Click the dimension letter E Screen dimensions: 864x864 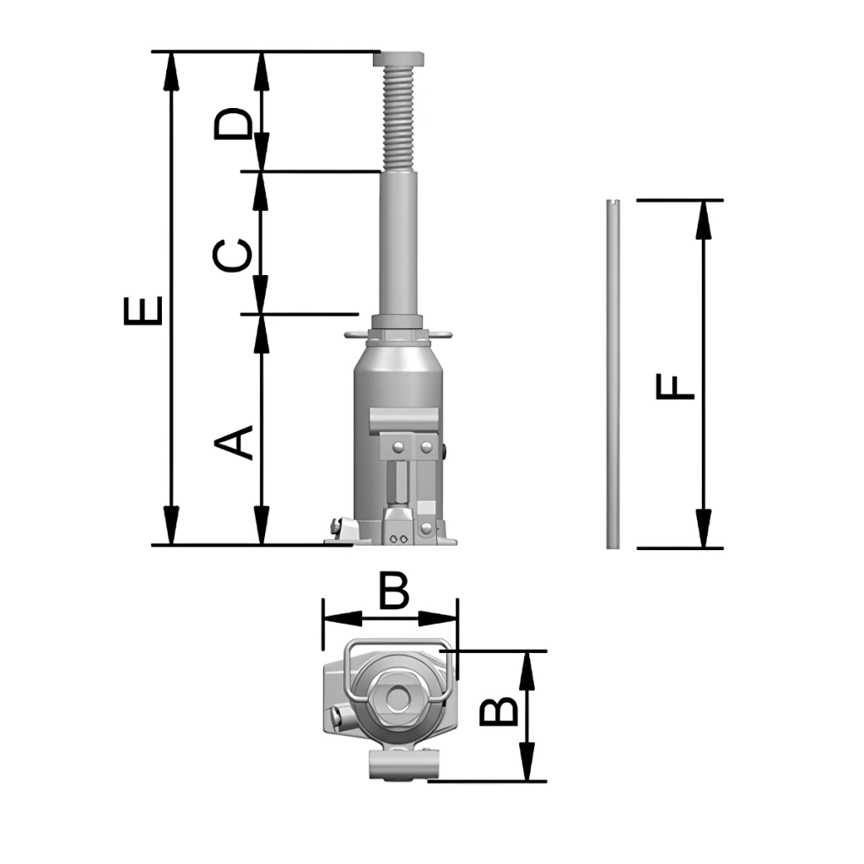click(143, 310)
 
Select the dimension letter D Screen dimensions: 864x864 click(233, 122)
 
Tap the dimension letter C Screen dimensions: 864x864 click(233, 255)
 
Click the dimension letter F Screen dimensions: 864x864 click(675, 386)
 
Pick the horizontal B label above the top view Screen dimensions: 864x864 click(394, 590)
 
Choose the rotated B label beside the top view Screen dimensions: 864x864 click(499, 710)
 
